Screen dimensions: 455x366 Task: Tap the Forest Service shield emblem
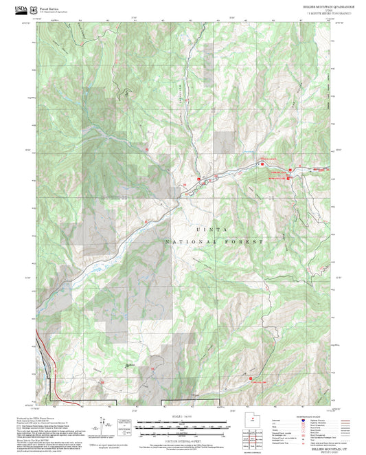(34, 9)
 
